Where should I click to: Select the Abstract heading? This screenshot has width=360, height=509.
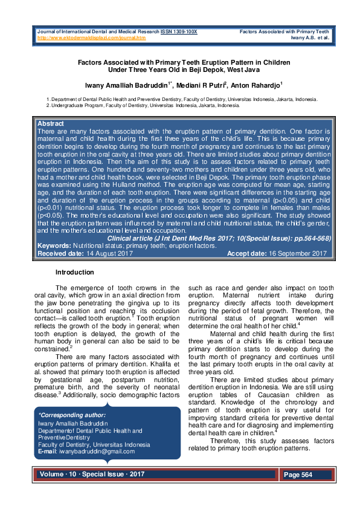coord(51,123)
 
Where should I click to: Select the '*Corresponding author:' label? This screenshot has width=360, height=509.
coord(72,415)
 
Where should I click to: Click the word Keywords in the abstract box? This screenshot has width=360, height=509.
coord(54,247)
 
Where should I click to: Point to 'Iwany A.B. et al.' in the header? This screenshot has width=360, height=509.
coord(307,37)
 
